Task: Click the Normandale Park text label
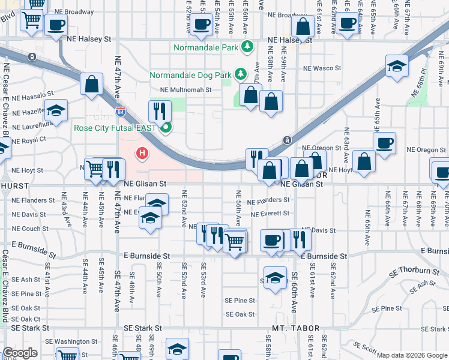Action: [x=206, y=47]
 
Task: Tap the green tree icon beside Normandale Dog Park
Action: [x=241, y=74]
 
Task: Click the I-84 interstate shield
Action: [x=121, y=112]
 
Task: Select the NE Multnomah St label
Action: [x=186, y=90]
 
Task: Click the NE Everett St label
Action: [x=270, y=214]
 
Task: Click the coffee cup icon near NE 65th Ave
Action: [x=384, y=143]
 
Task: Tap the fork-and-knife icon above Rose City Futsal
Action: [x=160, y=110]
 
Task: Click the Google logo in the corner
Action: [x=20, y=353]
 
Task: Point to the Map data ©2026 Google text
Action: [x=412, y=355]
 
